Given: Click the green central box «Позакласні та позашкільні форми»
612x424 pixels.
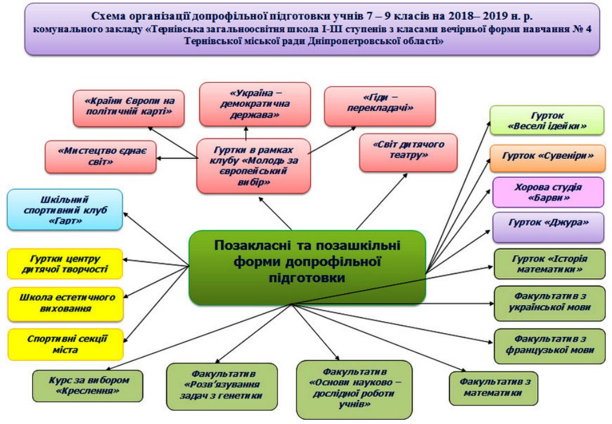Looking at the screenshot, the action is (x=307, y=268).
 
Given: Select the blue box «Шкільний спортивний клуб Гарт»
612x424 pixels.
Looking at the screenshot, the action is (x=65, y=210).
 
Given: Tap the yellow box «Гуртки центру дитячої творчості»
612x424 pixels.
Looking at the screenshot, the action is (x=65, y=264).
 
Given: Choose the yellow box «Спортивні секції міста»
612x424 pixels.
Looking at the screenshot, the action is (x=66, y=345).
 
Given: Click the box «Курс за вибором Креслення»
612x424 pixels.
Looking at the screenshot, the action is (x=88, y=386).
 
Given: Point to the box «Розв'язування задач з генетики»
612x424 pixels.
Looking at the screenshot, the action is (x=222, y=386).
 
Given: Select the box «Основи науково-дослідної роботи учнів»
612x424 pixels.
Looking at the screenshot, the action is (x=354, y=389).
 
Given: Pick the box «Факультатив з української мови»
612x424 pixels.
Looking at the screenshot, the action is (x=550, y=303).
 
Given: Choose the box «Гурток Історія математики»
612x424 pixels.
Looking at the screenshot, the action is (x=550, y=264).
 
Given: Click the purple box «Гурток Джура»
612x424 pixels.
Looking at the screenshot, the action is (x=549, y=228).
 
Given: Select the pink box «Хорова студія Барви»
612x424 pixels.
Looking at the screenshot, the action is (x=549, y=192).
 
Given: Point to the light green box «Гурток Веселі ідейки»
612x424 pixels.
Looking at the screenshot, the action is (x=547, y=121).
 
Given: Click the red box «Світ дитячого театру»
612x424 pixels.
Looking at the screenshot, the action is (x=408, y=152).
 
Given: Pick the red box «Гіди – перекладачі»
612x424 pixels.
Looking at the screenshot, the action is (x=380, y=106).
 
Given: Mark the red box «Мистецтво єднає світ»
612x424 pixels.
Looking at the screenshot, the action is (x=100, y=157).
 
